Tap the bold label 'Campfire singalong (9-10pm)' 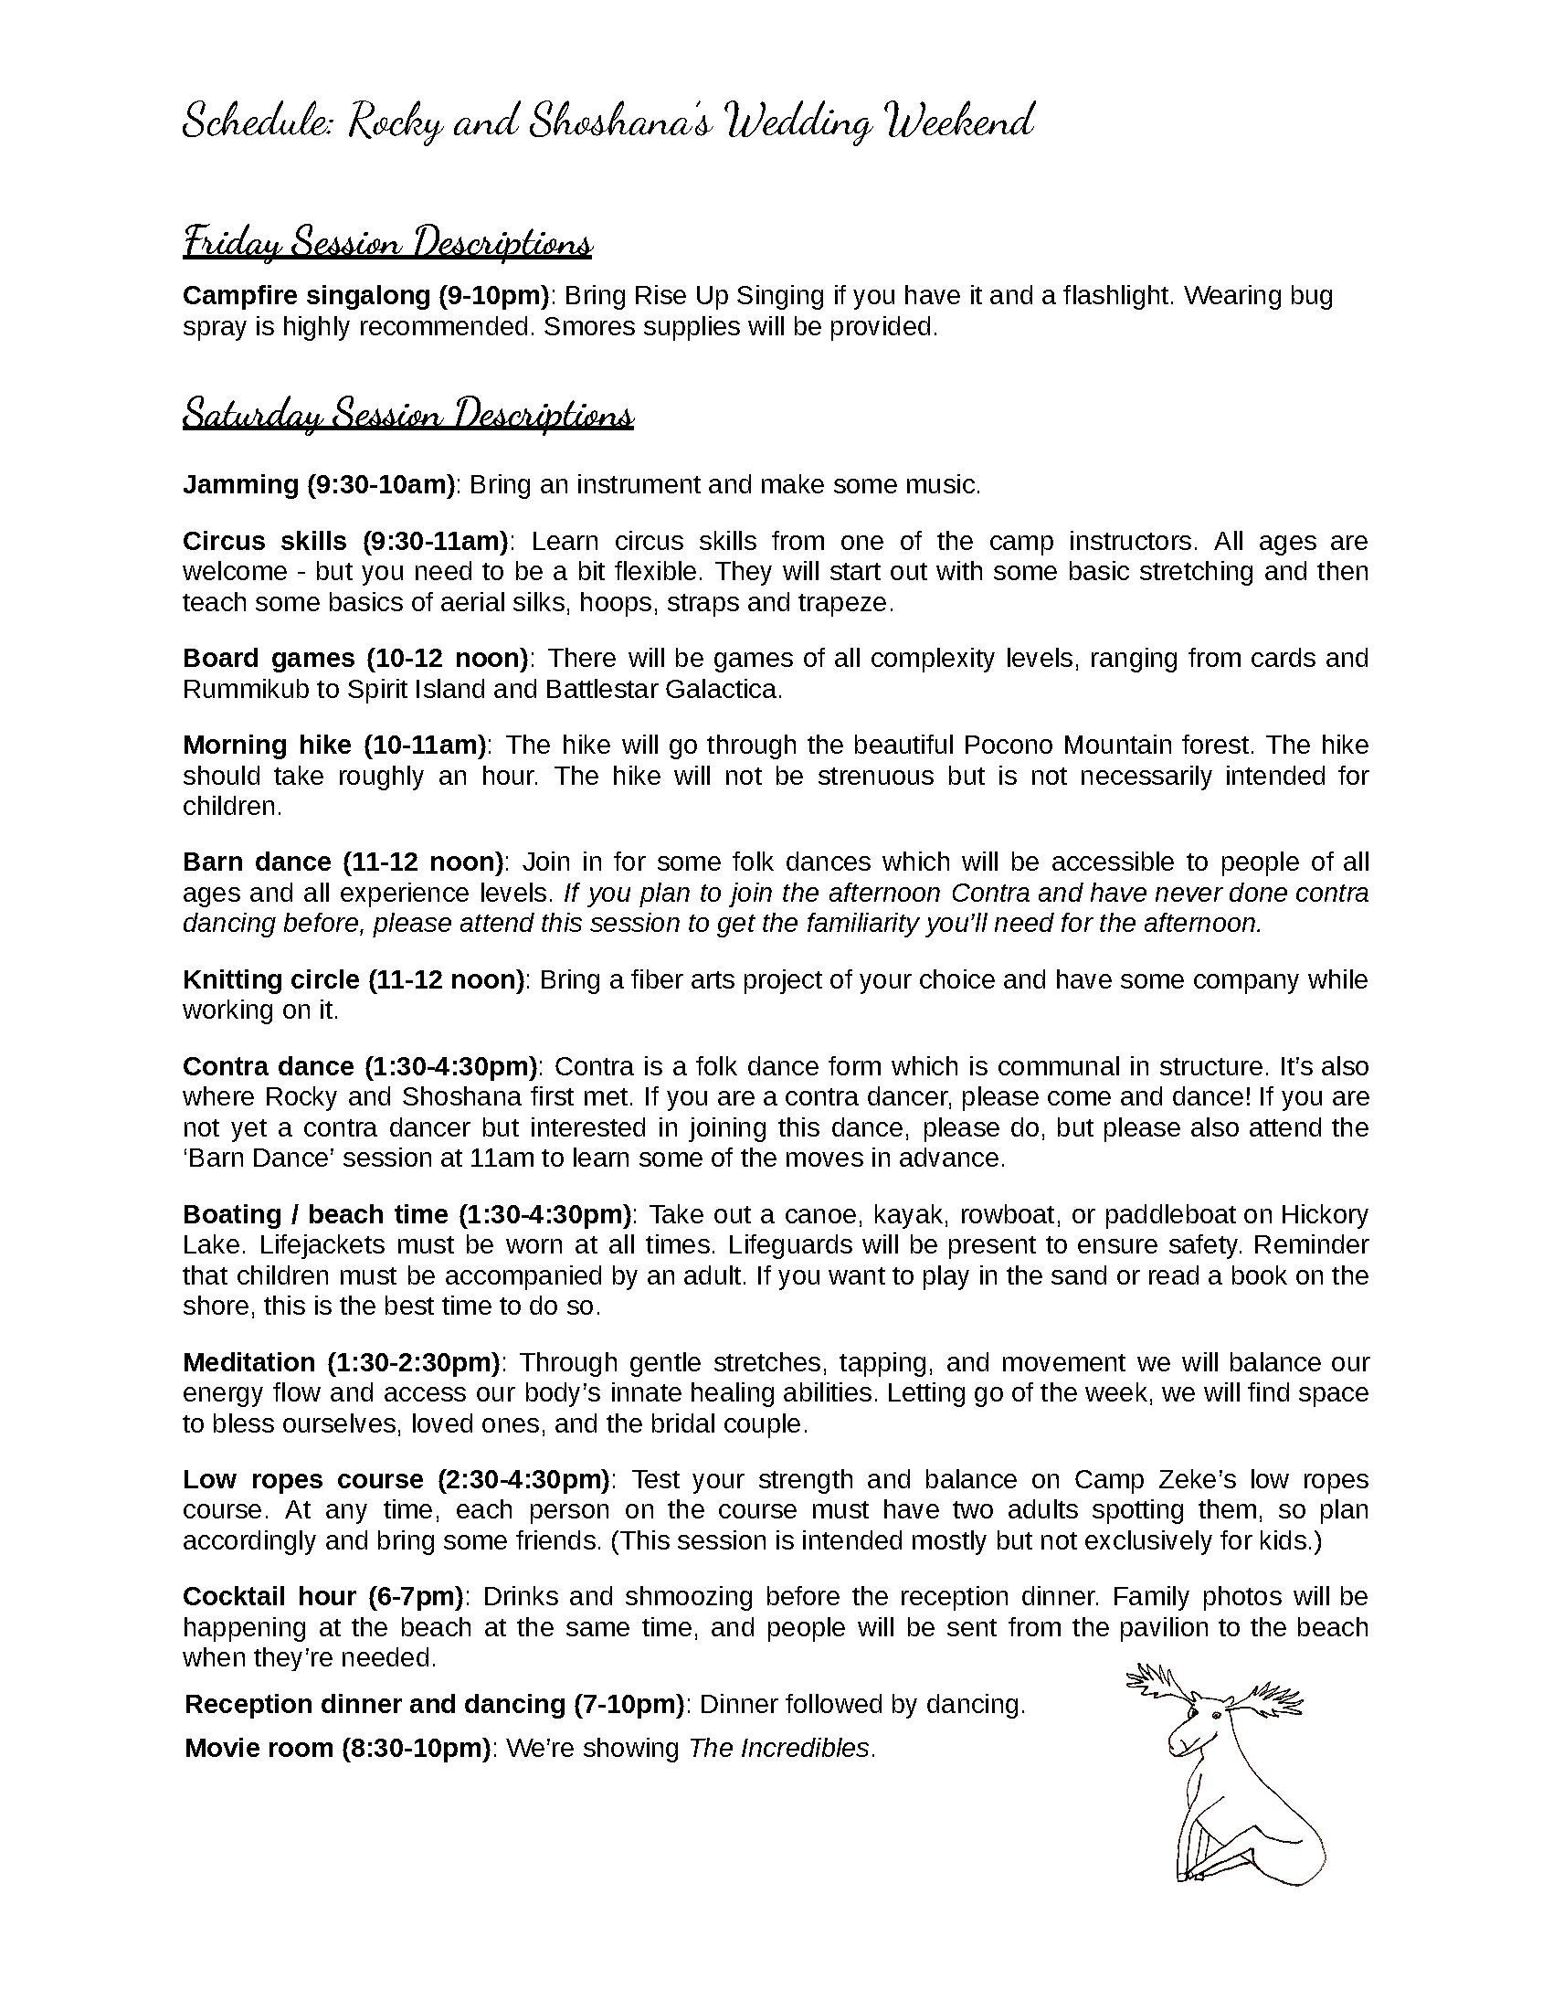point(365,295)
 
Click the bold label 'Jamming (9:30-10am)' point(318,484)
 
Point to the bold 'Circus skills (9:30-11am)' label point(345,540)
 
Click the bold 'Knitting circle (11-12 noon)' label point(354,979)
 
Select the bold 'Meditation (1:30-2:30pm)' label point(341,1362)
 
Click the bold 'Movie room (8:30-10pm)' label point(337,1748)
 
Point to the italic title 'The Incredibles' point(778,1748)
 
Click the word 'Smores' point(578,327)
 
